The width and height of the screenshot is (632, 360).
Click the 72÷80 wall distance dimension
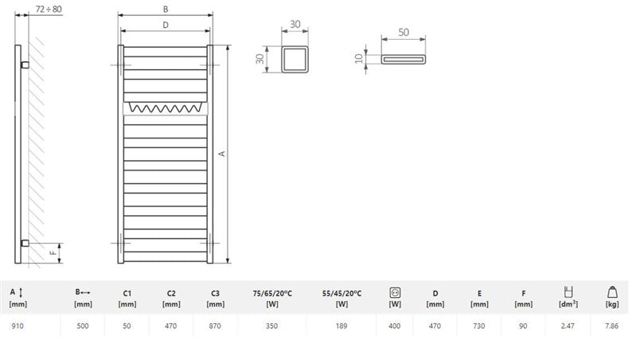49,9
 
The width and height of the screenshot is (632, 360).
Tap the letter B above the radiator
166,9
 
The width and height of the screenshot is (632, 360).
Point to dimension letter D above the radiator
166,25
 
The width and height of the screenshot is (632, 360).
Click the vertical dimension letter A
222,154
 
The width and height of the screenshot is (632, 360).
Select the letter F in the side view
53,253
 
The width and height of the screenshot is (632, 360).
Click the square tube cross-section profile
295,59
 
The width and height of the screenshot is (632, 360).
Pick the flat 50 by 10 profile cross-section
404,60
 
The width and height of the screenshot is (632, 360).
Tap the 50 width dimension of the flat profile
404,32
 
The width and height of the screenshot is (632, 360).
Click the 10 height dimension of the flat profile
359,59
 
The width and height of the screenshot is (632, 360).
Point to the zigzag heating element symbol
165,108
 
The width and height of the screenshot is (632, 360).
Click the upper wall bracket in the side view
25,65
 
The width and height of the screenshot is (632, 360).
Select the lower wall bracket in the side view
25,243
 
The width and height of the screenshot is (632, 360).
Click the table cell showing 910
18,326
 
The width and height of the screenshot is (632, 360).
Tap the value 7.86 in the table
611,326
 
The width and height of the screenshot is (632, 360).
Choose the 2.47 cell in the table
568,326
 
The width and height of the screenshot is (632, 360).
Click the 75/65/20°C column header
272,299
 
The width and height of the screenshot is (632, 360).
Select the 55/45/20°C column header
341,299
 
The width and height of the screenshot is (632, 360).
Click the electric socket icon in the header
395,292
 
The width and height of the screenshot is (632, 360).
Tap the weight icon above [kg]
612,292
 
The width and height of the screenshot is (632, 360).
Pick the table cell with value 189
341,326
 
